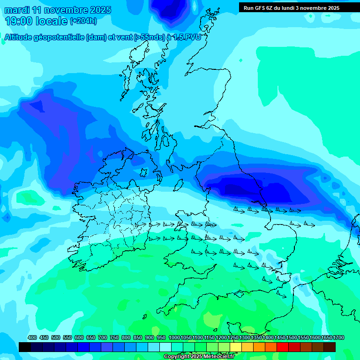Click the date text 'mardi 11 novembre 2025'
[x=58, y=10]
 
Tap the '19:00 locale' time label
[x=37, y=21]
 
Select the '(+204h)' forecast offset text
[x=83, y=21]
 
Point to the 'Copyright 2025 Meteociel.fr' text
[x=199, y=357]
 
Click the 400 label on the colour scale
[x=32, y=338]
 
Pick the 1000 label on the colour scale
[x=174, y=338]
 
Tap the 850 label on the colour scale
[x=138, y=338]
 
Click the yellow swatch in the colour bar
[x=236, y=347]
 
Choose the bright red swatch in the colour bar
[x=283, y=347]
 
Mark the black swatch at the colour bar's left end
[x=25, y=347]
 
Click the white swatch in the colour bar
[x=165, y=347]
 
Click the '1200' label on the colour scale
[x=221, y=338]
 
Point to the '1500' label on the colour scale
[x=292, y=338]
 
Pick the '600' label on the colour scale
[x=79, y=338]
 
